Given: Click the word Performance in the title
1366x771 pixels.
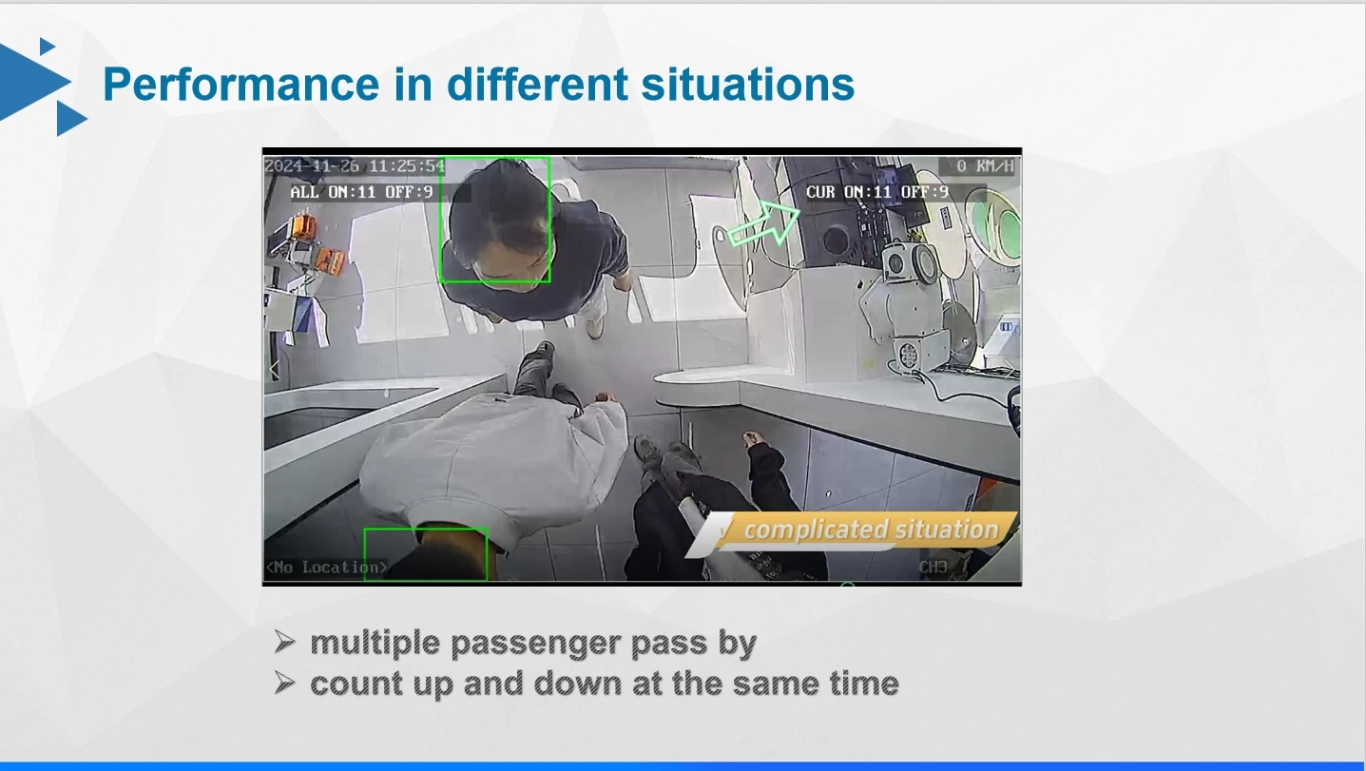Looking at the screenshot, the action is [x=240, y=85].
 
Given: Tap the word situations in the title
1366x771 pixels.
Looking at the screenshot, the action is [x=748, y=85].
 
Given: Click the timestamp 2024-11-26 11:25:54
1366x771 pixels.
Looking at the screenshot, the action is [x=355, y=166].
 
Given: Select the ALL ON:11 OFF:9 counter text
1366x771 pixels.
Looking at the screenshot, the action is [x=361, y=192].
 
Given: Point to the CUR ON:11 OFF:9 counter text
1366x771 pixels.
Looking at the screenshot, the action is [x=877, y=192].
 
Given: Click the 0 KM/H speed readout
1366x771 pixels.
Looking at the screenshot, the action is [x=985, y=166].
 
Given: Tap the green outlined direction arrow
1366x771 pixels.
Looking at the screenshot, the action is [x=764, y=223].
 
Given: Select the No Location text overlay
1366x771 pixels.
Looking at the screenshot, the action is [x=327, y=568].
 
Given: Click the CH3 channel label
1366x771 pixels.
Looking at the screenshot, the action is [x=933, y=568].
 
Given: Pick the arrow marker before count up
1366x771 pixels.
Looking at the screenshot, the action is [x=284, y=683].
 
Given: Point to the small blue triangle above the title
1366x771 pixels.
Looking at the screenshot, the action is [x=47, y=46].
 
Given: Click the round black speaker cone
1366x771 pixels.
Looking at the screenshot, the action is [x=834, y=240].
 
